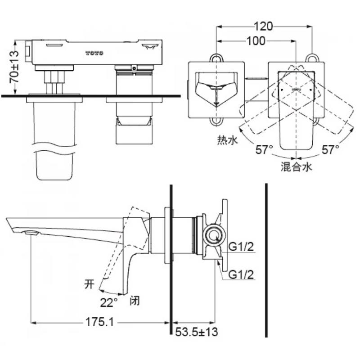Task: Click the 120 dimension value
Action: click(x=263, y=27)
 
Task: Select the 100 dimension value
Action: click(x=256, y=41)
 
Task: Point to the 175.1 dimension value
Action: click(x=99, y=322)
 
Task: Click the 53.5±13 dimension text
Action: click(x=197, y=332)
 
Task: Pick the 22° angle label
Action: click(x=109, y=302)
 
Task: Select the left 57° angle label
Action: click(x=265, y=150)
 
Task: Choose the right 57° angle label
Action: click(x=330, y=150)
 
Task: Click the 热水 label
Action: click(x=228, y=140)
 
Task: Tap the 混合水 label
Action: click(x=297, y=166)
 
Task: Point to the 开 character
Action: click(x=89, y=284)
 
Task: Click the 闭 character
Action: click(x=135, y=300)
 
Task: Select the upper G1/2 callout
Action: click(x=241, y=247)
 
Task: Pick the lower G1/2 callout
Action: click(x=241, y=274)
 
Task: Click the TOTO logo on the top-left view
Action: click(x=94, y=53)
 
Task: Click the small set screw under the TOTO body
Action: click(x=134, y=68)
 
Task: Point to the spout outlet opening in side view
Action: click(x=31, y=233)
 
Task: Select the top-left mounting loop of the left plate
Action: click(x=216, y=57)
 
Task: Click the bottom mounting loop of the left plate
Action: click(x=216, y=121)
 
